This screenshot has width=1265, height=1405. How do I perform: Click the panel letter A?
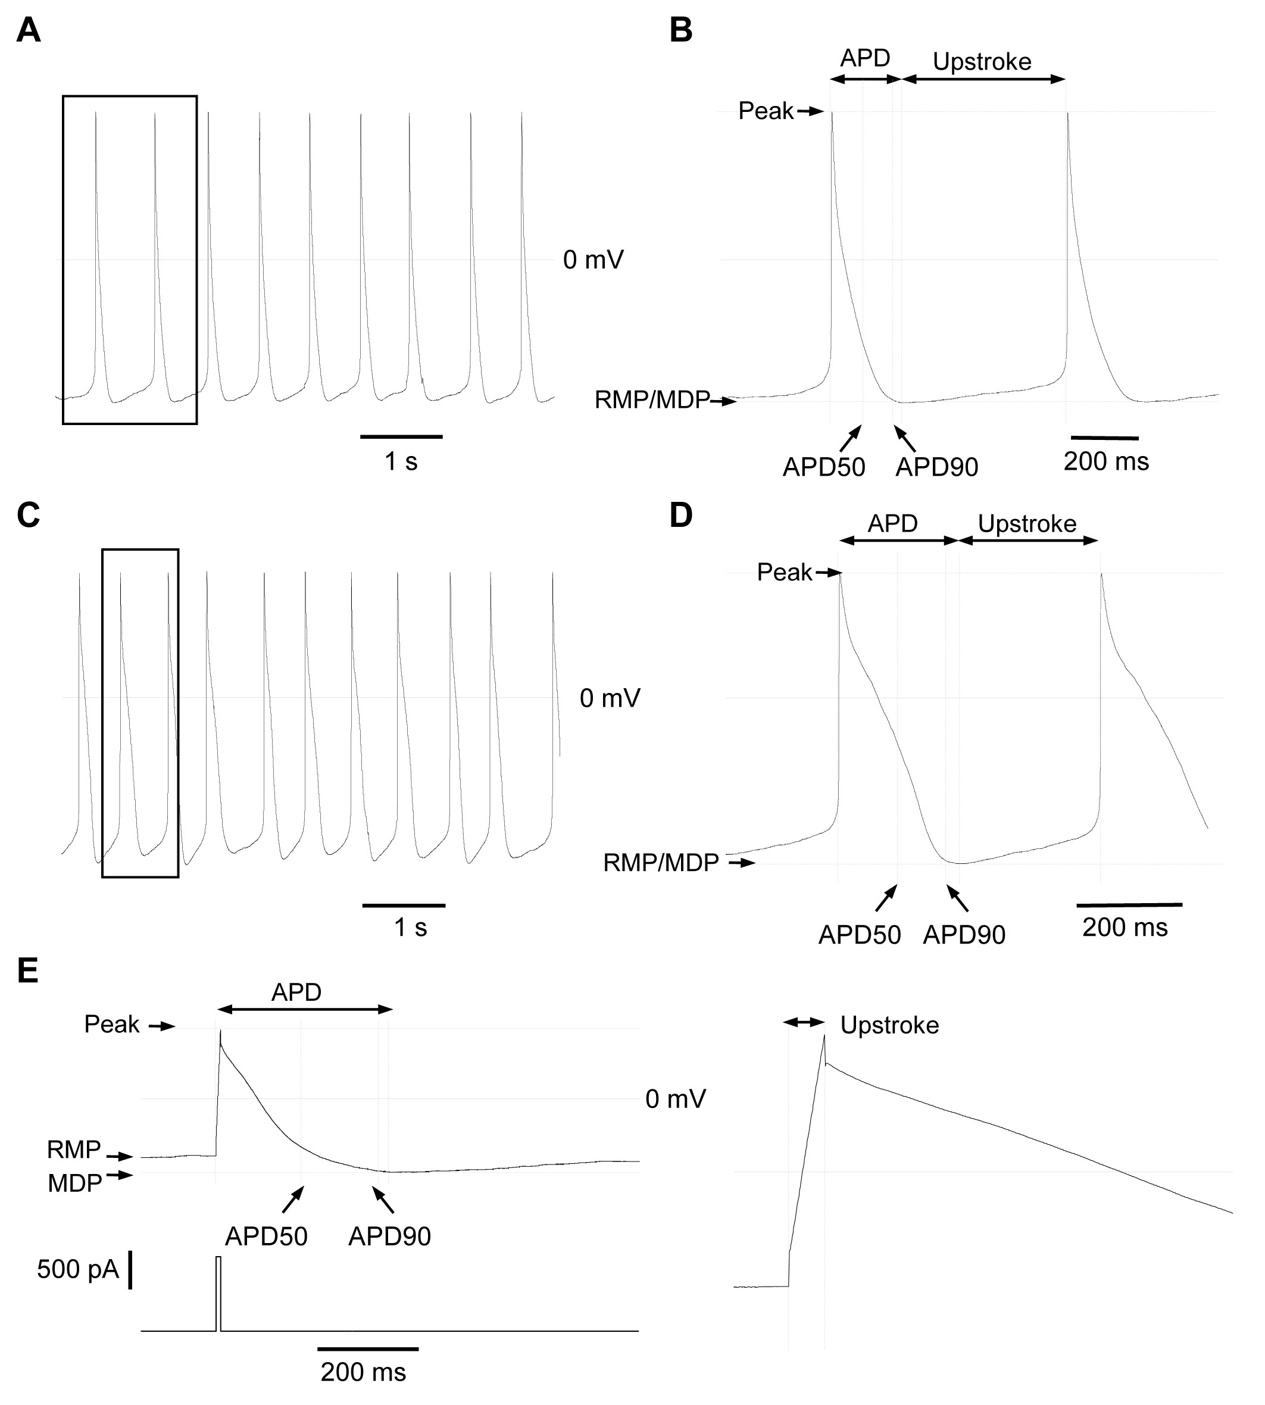click(x=29, y=30)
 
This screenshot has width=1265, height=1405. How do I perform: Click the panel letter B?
click(x=681, y=30)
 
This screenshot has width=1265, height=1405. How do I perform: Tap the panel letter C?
click(x=29, y=516)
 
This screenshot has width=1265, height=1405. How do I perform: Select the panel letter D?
click(x=681, y=516)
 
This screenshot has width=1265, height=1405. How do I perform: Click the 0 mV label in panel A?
click(x=594, y=260)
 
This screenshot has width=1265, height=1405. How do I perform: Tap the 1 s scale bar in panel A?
click(x=402, y=436)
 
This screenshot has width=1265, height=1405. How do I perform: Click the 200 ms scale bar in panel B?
click(x=1105, y=438)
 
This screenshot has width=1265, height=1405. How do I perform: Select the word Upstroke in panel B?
click(x=982, y=62)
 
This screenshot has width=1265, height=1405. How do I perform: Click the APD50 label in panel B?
click(x=824, y=467)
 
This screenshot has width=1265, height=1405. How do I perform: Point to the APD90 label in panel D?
click(x=964, y=935)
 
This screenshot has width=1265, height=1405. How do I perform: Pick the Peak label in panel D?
click(x=785, y=572)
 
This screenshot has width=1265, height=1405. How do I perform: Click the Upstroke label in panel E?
click(x=890, y=1025)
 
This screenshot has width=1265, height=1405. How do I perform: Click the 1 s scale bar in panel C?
click(x=404, y=905)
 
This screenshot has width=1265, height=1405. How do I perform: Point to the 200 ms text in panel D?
click(x=1125, y=928)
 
